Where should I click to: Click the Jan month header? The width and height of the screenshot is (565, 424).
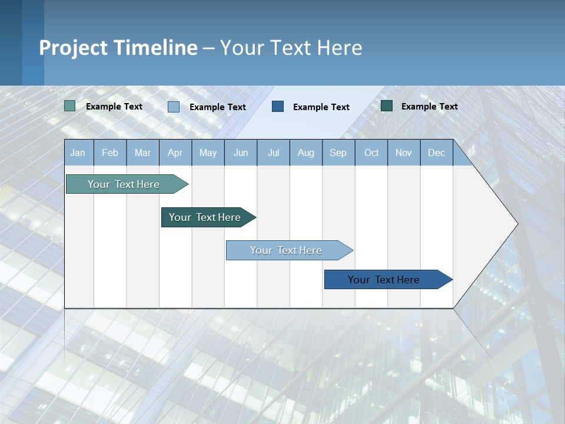(78, 153)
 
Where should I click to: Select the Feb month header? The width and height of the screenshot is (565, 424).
(110, 153)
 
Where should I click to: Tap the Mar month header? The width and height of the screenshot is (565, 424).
(142, 153)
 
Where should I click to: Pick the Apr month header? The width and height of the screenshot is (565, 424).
(175, 153)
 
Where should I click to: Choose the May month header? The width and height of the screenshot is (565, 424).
(208, 153)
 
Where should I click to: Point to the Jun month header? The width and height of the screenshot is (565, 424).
(241, 153)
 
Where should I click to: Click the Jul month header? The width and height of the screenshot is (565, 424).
(273, 153)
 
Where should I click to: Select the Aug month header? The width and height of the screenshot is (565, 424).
(306, 153)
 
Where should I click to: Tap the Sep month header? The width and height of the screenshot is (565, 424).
(338, 153)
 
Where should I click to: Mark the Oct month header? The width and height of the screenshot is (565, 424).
(371, 153)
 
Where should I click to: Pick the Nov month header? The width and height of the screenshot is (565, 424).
(404, 153)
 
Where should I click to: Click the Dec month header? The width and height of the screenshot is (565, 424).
(437, 153)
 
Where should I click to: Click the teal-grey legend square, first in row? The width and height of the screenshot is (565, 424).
(69, 106)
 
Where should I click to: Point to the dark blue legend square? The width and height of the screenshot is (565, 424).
(278, 106)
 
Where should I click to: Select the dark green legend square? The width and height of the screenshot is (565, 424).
(387, 106)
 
